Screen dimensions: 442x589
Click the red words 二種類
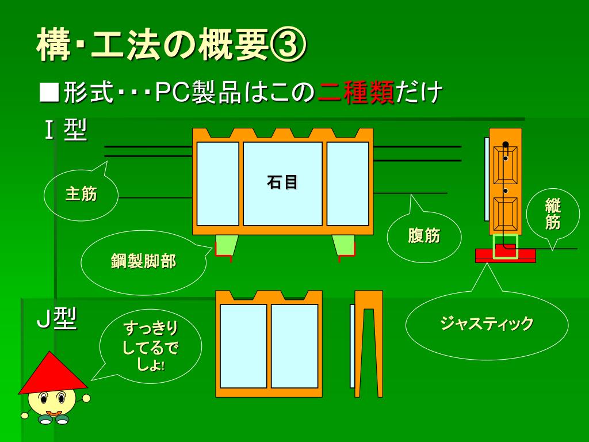click(x=356, y=93)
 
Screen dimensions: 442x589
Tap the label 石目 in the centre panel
click(x=282, y=183)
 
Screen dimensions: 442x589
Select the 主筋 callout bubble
click(x=81, y=195)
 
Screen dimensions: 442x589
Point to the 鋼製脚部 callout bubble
click(x=143, y=262)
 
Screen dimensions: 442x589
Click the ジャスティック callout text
click(x=487, y=324)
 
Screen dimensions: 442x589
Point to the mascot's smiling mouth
click(x=53, y=413)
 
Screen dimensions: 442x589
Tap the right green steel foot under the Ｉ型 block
click(x=344, y=245)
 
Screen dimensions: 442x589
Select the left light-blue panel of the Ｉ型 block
click(x=217, y=184)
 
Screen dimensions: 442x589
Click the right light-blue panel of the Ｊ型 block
click(x=294, y=346)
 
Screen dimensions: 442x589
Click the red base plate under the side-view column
click(x=505, y=256)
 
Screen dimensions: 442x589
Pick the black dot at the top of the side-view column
click(x=506, y=144)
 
